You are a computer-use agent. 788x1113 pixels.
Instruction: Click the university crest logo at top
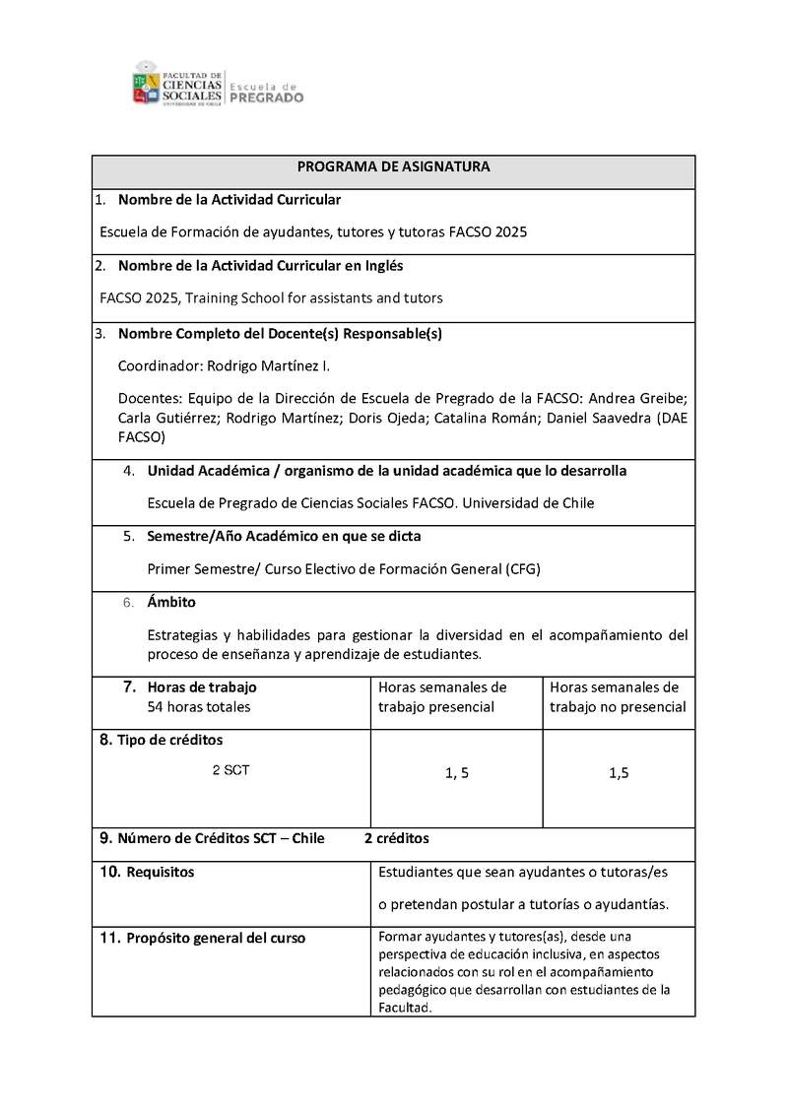tap(146, 83)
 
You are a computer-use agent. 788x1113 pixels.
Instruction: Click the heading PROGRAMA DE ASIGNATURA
tap(393, 167)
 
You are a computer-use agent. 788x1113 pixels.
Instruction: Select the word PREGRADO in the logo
tap(266, 98)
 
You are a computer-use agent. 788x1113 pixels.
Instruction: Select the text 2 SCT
tap(230, 770)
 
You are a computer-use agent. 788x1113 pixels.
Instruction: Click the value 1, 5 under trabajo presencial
tap(456, 774)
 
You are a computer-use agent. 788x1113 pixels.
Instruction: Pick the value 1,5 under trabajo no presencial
tap(619, 774)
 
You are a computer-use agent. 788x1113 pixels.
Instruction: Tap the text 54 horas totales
tap(198, 706)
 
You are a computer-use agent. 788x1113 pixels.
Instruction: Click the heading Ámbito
tap(171, 602)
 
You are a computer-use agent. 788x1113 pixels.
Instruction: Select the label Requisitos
tap(160, 872)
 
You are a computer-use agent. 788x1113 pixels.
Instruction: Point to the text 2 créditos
tap(397, 839)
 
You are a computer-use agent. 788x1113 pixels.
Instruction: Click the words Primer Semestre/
tap(202, 569)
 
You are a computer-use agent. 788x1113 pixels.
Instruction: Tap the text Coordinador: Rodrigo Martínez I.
tap(225, 365)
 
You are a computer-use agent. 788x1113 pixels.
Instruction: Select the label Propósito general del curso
tap(216, 938)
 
